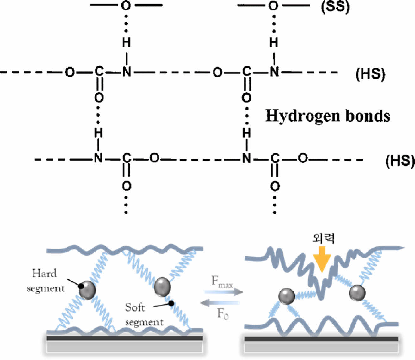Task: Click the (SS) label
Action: click(336, 7)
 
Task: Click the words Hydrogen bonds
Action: click(328, 116)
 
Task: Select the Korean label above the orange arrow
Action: click(323, 238)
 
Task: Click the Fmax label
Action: click(222, 282)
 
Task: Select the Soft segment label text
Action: click(144, 314)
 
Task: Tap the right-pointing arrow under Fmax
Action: click(223, 292)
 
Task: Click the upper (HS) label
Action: click(370, 74)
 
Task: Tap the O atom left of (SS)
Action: click(274, 6)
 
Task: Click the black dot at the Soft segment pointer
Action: click(171, 303)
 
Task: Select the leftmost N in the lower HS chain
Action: click(98, 158)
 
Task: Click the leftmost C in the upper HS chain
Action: click(99, 72)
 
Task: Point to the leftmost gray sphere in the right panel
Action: click(287, 296)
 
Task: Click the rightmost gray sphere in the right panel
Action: click(357, 293)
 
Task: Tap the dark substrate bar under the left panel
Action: click(125, 338)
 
